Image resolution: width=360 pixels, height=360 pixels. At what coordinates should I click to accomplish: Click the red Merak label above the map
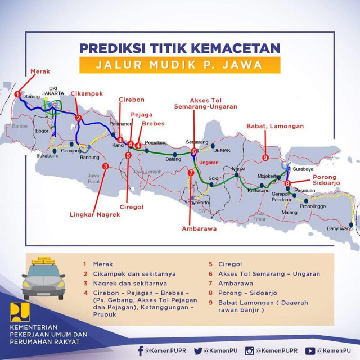(40, 71)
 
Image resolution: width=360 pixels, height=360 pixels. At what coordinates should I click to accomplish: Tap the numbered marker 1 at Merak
(18, 94)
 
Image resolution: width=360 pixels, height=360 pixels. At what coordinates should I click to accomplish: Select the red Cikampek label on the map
(87, 93)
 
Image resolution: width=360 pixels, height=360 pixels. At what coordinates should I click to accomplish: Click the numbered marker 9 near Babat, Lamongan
(265, 157)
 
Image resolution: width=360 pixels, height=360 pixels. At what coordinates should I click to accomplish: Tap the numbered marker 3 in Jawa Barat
(105, 166)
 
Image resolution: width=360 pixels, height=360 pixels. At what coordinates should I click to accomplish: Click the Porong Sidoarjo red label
(325, 181)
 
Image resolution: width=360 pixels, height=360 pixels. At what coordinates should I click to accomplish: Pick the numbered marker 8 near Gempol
(287, 183)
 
